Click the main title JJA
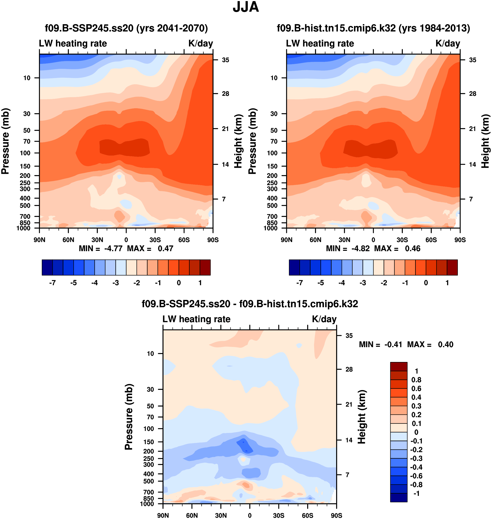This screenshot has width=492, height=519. (246, 7)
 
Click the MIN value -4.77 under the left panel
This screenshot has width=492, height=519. (113, 249)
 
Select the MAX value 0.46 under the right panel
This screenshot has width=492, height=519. (413, 249)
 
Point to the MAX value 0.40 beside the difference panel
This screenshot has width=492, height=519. (446, 344)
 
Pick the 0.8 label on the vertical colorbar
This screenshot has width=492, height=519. (416, 380)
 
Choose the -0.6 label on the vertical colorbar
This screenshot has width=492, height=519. (416, 476)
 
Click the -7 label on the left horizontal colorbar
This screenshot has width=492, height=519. (52, 283)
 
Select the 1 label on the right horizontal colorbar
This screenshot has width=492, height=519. (447, 283)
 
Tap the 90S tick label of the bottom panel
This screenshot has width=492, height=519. (336, 515)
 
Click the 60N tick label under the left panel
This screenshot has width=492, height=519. (68, 240)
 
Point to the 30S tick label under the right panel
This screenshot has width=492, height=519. (402, 240)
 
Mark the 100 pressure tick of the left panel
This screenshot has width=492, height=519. (25, 153)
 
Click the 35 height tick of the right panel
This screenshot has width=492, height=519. (473, 60)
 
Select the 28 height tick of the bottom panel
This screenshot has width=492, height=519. (349, 369)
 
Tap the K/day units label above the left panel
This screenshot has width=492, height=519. (201, 43)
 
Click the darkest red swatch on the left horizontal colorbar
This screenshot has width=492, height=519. (205, 267)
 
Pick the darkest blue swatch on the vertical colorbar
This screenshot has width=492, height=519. (399, 497)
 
